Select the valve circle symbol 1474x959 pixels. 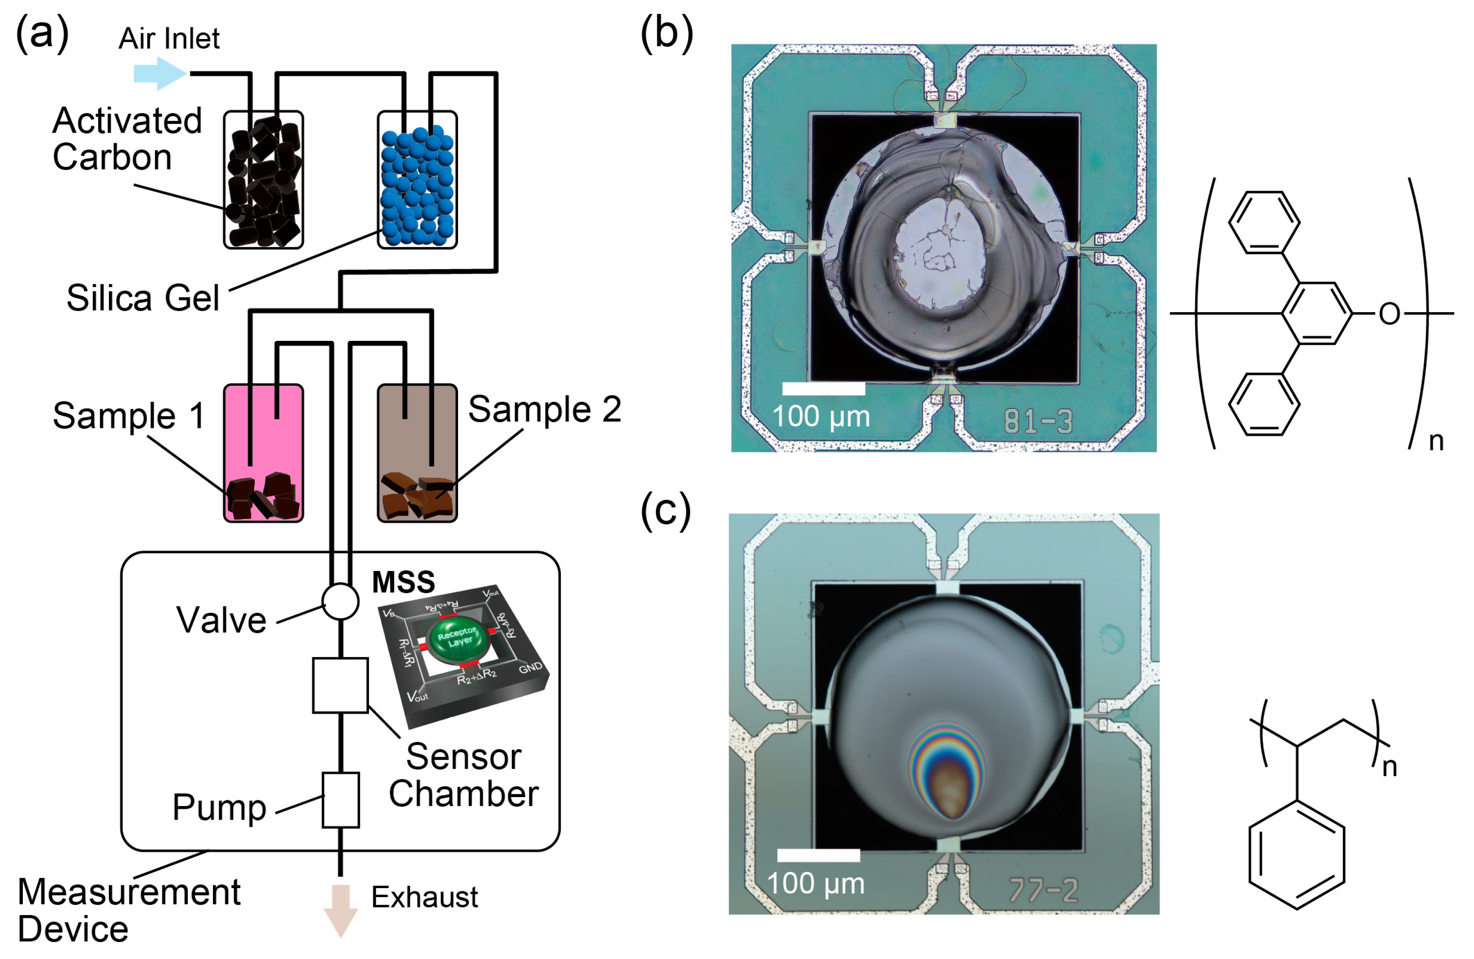tap(340, 601)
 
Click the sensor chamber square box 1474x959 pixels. tap(340, 685)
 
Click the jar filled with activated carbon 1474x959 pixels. tap(263, 180)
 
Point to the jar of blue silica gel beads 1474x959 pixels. tap(417, 180)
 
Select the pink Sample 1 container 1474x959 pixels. tap(263, 453)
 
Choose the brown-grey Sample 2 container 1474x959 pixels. tap(417, 453)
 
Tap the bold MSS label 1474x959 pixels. tap(403, 582)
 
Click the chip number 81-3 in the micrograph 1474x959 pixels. tap(1038, 421)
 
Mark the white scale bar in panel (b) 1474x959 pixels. tap(823, 388)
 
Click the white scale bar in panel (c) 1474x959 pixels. tap(818, 855)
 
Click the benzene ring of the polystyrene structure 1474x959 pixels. tap(1297, 857)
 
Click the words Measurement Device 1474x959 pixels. tap(128, 910)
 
